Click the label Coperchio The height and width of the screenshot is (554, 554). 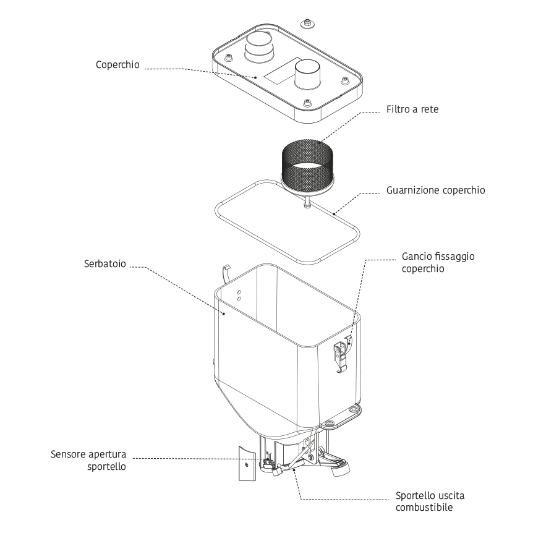point(117,65)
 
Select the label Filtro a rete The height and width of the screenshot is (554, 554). point(412,109)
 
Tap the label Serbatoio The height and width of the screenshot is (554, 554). point(105,264)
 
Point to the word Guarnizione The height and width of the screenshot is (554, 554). point(413,190)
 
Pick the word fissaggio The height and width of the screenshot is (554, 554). point(456,256)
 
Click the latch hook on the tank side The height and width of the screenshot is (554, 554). point(341,355)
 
